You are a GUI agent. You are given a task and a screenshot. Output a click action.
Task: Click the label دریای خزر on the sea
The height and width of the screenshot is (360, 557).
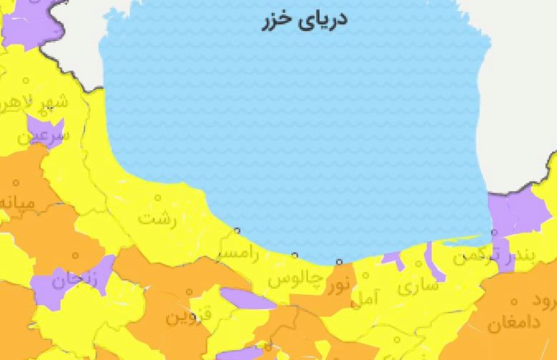304,19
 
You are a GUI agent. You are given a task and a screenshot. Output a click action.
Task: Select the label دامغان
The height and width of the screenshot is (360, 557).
515,322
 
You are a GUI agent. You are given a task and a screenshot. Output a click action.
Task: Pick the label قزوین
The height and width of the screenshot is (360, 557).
189,317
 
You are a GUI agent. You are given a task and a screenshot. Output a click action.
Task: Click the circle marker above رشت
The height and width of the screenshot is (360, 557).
158,196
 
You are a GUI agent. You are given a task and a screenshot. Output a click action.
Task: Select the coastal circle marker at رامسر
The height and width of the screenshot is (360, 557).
237,230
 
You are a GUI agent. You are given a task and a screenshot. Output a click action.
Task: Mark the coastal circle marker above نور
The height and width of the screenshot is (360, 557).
339,262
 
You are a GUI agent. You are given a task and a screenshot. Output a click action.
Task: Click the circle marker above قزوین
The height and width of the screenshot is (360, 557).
190,292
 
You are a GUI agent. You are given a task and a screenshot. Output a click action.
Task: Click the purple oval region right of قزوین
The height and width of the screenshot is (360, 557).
247,298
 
